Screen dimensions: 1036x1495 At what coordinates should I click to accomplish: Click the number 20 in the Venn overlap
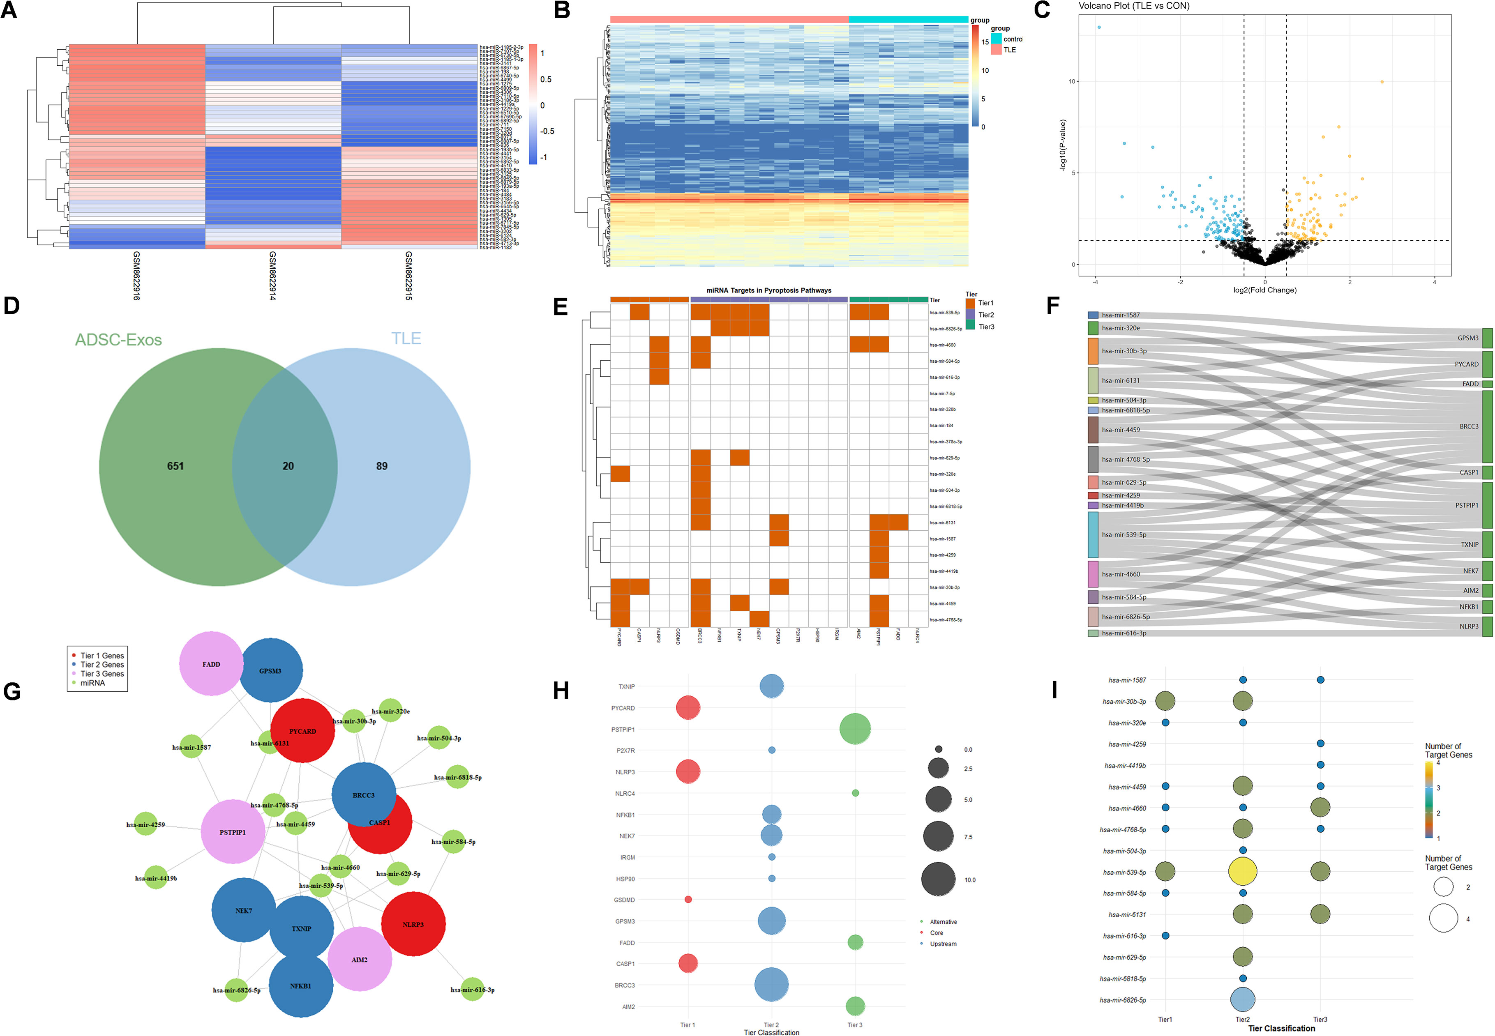click(x=288, y=466)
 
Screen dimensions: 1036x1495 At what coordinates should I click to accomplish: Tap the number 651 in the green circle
click(x=175, y=466)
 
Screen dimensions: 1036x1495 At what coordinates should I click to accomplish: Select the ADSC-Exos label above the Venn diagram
click(x=118, y=339)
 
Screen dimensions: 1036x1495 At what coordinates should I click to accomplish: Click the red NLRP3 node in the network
click(x=413, y=924)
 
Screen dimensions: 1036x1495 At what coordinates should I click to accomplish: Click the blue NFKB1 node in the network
click(x=301, y=985)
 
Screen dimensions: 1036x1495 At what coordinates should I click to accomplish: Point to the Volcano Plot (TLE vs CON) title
click(x=1134, y=6)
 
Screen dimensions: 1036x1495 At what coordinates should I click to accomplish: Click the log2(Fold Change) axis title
click(x=1264, y=290)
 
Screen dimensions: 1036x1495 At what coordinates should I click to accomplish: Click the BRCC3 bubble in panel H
click(x=771, y=985)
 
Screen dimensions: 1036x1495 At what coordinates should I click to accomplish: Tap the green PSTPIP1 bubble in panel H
click(x=855, y=729)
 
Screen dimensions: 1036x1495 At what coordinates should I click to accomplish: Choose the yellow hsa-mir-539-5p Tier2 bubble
click(x=1242, y=871)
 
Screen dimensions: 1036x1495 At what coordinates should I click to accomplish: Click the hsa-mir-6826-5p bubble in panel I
click(x=1242, y=1000)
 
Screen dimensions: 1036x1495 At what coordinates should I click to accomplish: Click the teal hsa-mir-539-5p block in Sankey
click(x=1093, y=535)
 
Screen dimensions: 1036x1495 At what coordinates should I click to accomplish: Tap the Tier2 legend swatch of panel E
click(x=970, y=315)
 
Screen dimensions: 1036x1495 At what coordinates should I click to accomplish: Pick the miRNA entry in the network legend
click(x=92, y=683)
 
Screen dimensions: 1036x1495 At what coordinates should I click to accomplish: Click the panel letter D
click(x=11, y=305)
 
